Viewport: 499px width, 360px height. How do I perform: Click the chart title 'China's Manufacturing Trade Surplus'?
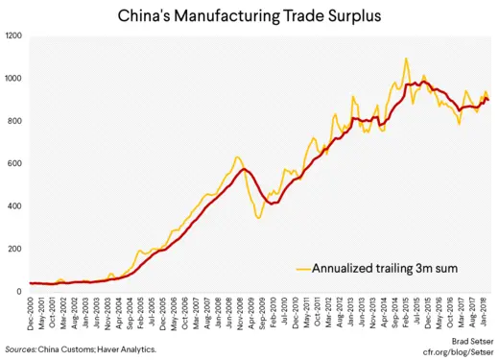click(x=249, y=15)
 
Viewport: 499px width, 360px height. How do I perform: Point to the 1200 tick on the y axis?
click(x=15, y=36)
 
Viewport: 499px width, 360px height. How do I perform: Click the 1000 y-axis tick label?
click(x=15, y=79)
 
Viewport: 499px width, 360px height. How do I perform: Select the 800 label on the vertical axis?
click(x=17, y=121)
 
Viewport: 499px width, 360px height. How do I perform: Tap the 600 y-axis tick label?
click(x=17, y=163)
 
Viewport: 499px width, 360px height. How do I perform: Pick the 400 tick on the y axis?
click(x=17, y=206)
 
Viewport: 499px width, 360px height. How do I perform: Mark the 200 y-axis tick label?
click(x=17, y=249)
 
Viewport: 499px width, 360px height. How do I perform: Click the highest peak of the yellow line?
click(x=406, y=59)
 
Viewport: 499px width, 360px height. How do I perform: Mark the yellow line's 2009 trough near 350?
click(x=258, y=218)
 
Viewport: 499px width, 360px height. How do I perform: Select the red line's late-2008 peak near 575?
click(x=246, y=169)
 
